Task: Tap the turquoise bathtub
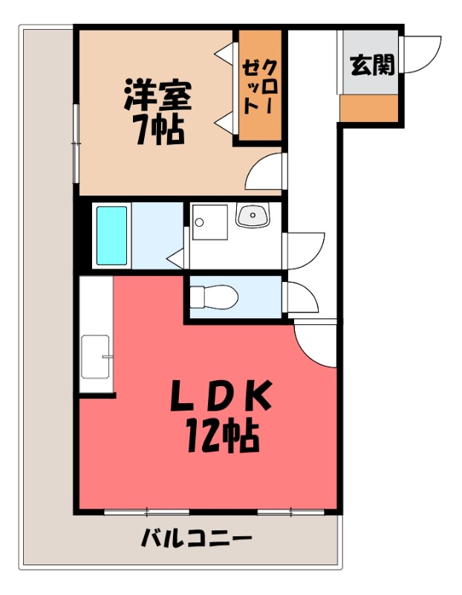pyautogui.click(x=111, y=235)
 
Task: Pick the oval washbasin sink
pyautogui.click(x=253, y=216)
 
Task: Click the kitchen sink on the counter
pyautogui.click(x=95, y=356)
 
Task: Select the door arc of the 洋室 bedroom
pyautogui.click(x=265, y=173)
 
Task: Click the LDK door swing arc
pyautogui.click(x=316, y=343)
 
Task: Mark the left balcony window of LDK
pyautogui.click(x=147, y=512)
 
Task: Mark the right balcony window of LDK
pyautogui.click(x=291, y=512)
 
